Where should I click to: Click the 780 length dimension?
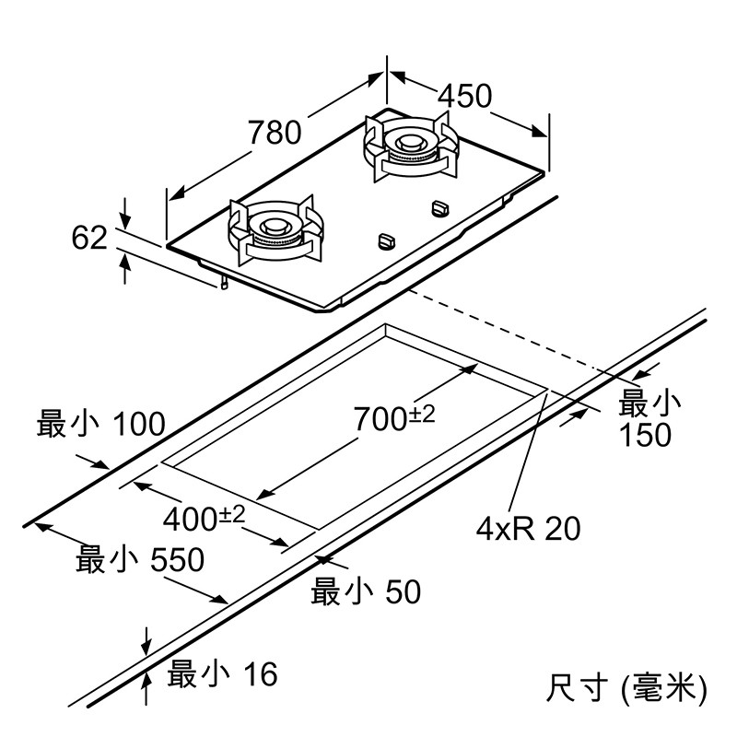point(275,133)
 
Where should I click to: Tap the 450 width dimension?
point(464,96)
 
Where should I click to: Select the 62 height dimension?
point(89,238)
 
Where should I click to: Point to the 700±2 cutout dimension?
point(394,418)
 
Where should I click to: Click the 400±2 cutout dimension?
point(204,519)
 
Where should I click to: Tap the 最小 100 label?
point(100,425)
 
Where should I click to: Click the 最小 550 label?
point(140,558)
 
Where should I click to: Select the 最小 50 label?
point(366,591)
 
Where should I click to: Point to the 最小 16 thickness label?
point(221,674)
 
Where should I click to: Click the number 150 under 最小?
point(646,435)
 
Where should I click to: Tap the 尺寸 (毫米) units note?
point(626,686)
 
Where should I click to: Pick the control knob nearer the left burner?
point(386,240)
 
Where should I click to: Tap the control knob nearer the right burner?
point(439,208)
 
